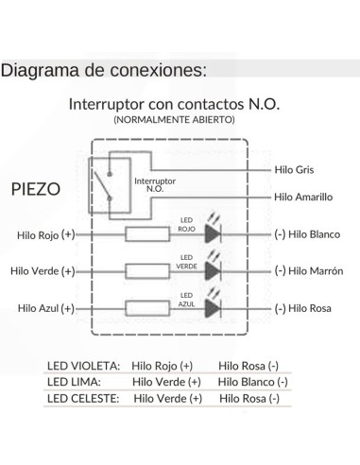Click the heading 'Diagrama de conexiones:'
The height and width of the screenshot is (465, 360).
coord(104,71)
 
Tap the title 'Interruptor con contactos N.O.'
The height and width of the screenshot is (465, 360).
coord(175,104)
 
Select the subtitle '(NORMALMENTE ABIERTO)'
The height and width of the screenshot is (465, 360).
coord(174,121)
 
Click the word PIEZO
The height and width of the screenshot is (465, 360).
coord(36,188)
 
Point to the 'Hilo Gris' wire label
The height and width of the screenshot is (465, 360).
coord(293,169)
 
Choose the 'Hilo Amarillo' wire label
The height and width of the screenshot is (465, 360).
coord(302,197)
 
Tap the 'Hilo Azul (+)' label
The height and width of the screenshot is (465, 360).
coord(45,308)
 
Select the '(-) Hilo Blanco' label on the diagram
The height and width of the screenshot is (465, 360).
coord(306,233)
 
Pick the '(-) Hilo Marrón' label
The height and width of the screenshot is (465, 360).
coord(307,270)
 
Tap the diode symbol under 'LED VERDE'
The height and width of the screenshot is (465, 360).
coord(213,270)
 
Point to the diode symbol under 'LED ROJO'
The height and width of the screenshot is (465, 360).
coord(213,233)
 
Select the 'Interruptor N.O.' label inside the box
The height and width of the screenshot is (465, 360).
coord(155,184)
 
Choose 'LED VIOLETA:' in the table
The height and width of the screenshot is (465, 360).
coord(83,366)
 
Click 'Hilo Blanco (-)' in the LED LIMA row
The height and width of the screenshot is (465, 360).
coord(252,382)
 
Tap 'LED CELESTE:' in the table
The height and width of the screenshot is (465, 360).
coord(83,398)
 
